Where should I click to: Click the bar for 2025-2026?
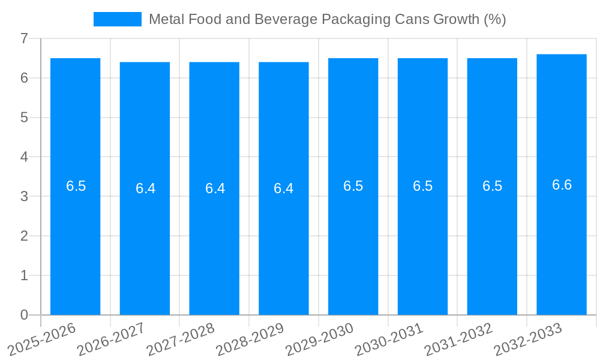click(x=75, y=240)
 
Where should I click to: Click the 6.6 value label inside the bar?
click(x=562, y=185)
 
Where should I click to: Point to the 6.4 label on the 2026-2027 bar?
click(x=145, y=188)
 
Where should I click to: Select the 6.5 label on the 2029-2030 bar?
click(x=353, y=186)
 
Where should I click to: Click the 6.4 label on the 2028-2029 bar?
click(x=283, y=188)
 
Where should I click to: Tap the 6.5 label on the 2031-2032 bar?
click(x=492, y=186)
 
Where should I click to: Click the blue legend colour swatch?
click(x=118, y=19)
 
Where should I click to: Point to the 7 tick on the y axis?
click(x=24, y=38)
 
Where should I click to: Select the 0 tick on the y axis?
click(x=24, y=315)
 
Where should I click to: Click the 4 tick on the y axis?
click(x=24, y=157)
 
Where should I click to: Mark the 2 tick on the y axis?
click(x=24, y=236)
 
